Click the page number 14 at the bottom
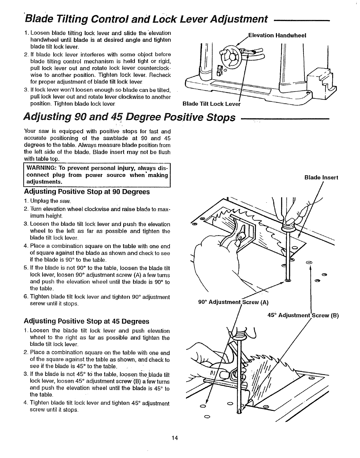click(175, 438)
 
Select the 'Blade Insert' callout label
click(321, 178)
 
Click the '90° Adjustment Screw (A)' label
click(234, 302)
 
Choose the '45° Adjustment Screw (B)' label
click(303, 315)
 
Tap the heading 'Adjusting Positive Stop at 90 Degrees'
click(87, 192)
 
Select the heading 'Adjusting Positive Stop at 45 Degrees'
click(87, 321)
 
